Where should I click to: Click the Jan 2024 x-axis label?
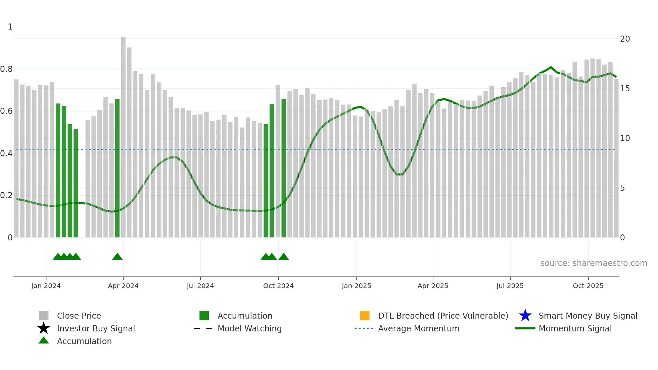pos(46,286)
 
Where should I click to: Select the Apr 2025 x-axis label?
pos(433,286)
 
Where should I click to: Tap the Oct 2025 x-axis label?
pos(588,286)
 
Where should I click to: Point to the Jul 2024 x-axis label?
pos(200,286)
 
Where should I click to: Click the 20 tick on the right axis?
pos(625,39)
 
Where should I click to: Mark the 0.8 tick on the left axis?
pos(6,69)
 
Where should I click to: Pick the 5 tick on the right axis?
pos(622,188)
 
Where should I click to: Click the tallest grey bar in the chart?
pos(123,134)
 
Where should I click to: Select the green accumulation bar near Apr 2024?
pos(117,168)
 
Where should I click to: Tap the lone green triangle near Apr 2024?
pos(117,257)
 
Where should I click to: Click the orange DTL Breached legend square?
pos(365,316)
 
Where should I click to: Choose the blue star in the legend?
pos(525,316)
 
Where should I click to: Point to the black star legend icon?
pos(44,328)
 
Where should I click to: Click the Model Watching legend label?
pos(249,328)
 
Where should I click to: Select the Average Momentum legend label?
pos(419,328)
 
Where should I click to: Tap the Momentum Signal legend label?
pos(575,328)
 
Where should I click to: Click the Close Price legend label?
pos(79,316)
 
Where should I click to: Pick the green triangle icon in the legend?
pos(44,341)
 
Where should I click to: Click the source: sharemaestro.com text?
pos(594,263)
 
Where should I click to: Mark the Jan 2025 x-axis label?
pos(356,286)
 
